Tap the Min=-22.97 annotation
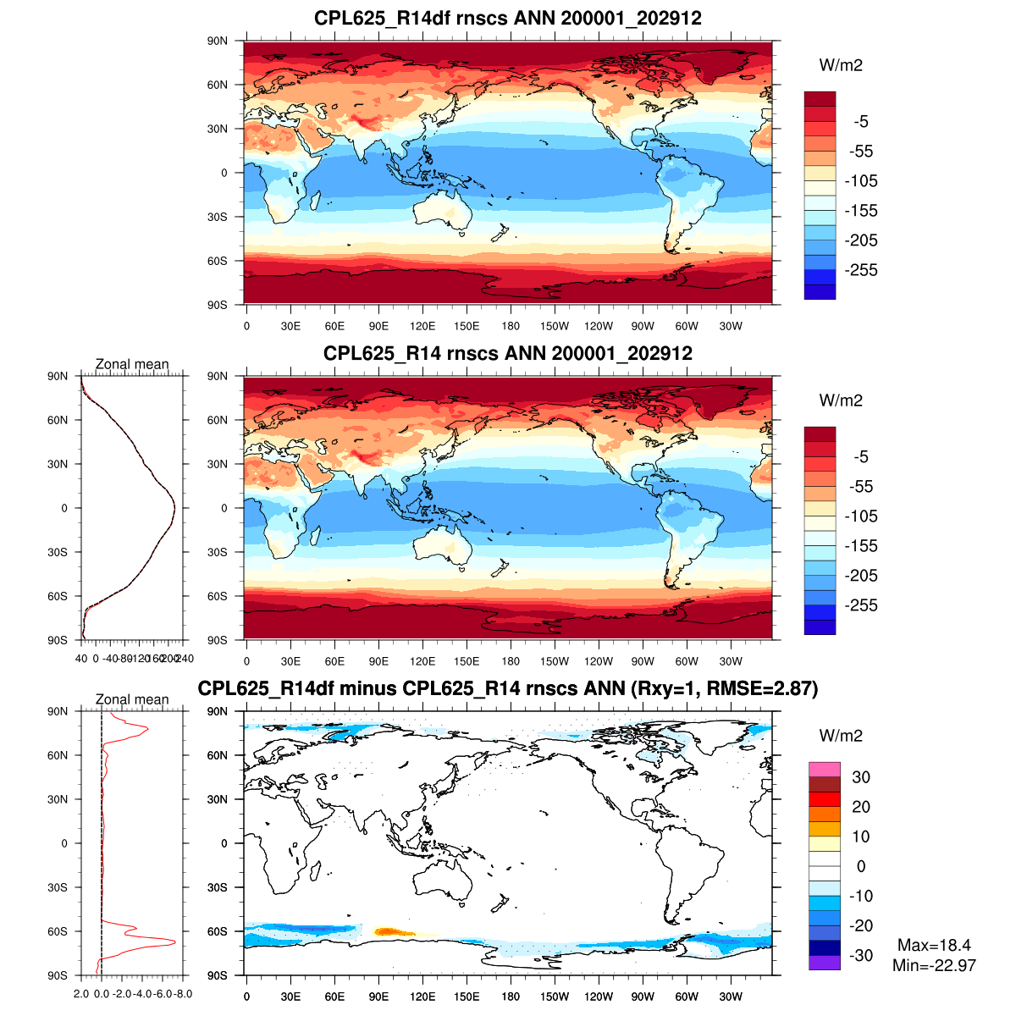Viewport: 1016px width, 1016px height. (x=934, y=965)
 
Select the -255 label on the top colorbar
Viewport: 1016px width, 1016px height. (x=861, y=270)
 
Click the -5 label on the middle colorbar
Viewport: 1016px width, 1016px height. (x=860, y=457)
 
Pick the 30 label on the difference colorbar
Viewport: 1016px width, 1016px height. (x=860, y=777)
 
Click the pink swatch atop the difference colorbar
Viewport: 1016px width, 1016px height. (x=824, y=770)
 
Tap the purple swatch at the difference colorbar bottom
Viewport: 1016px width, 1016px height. (x=824, y=963)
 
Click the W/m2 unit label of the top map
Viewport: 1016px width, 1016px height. (x=841, y=65)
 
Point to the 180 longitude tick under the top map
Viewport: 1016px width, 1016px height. (x=511, y=326)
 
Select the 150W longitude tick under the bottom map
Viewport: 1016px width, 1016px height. (x=555, y=997)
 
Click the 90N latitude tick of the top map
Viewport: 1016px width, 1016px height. (x=218, y=41)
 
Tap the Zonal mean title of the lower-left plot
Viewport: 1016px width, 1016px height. (x=132, y=699)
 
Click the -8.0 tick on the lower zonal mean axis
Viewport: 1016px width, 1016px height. (x=183, y=993)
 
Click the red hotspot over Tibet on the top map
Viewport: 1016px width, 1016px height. (x=367, y=124)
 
